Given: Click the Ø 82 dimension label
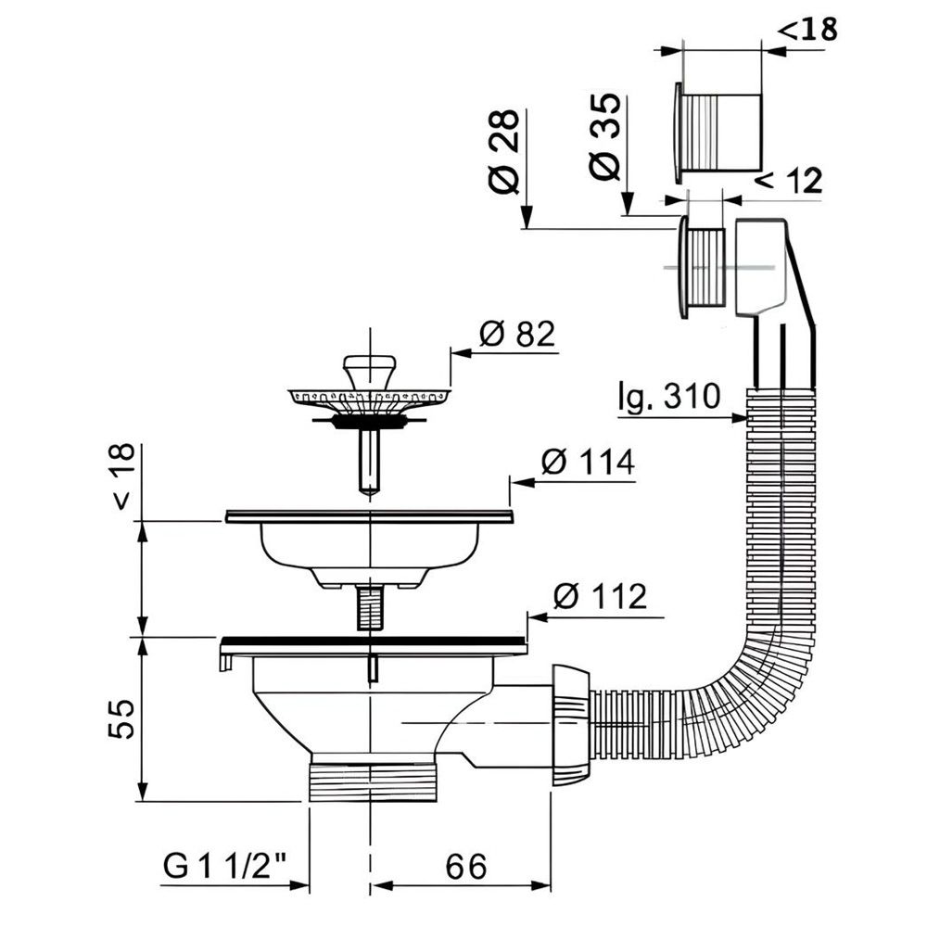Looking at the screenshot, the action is click(517, 334).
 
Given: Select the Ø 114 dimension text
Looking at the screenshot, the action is click(588, 462).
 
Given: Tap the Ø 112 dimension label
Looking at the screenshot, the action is click(600, 596).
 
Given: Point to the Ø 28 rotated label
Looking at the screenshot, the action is click(504, 152).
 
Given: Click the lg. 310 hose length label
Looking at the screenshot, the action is click(669, 396).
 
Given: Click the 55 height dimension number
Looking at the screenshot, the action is click(121, 719).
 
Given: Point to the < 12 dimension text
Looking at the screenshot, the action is click(790, 181).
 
